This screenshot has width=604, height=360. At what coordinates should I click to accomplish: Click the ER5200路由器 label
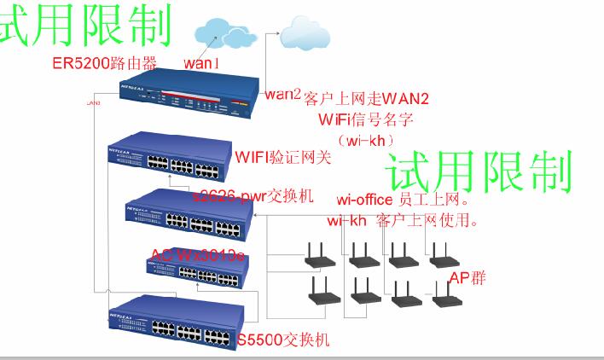(105, 64)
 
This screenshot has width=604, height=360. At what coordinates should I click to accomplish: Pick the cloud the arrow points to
(305, 32)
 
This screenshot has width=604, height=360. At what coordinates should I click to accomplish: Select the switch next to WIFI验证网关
(169, 159)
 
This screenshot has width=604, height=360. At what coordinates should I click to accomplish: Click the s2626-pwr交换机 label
(254, 196)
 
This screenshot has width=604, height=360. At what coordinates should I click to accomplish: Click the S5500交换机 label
(283, 341)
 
